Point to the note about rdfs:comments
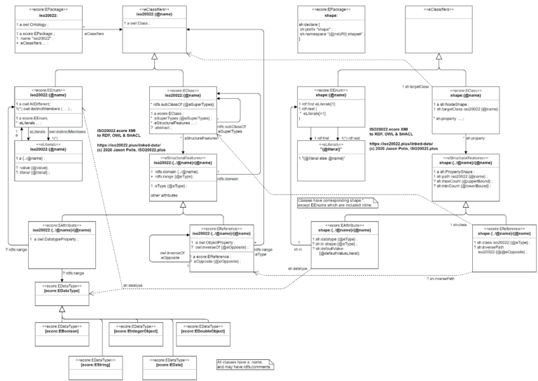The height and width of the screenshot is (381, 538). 244,364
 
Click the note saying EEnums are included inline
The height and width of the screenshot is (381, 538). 333,203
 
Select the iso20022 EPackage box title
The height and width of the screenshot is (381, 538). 46,13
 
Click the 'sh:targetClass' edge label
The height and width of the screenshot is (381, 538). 415,87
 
